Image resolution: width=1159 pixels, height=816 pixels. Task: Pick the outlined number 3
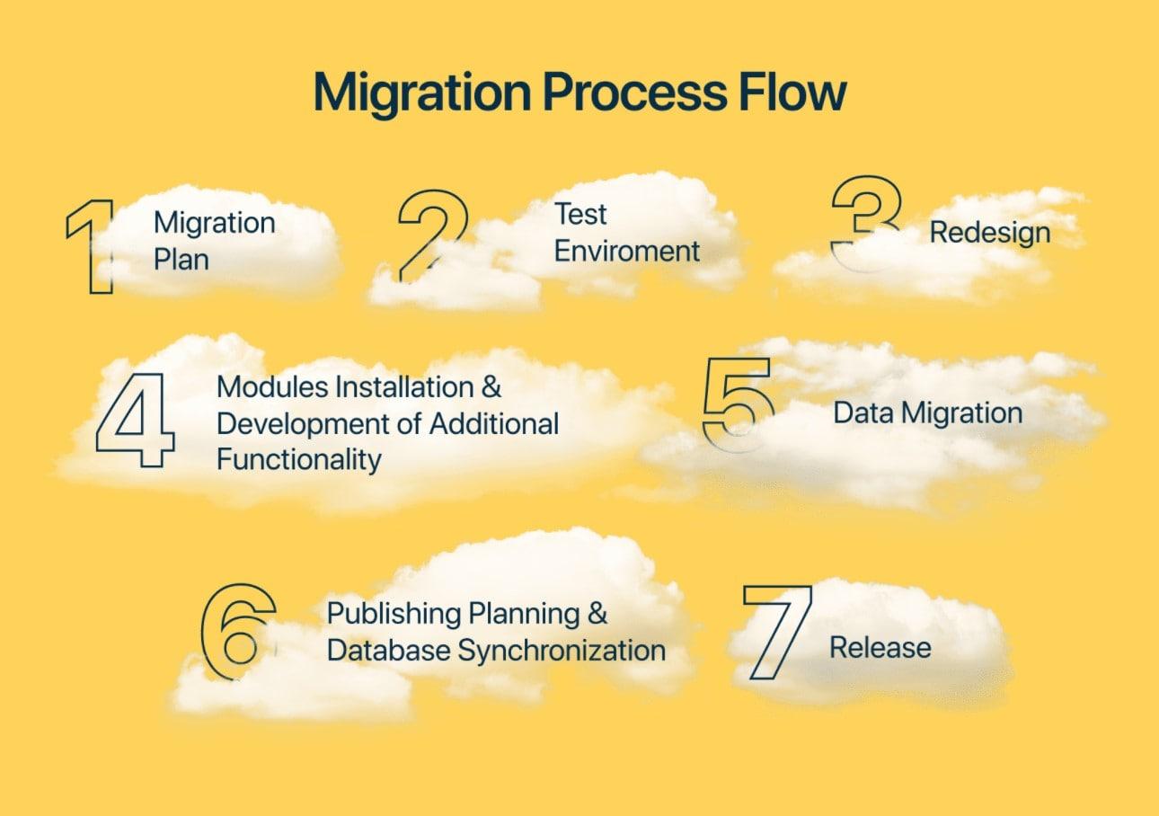[865, 221]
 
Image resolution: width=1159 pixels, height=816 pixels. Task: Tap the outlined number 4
[137, 420]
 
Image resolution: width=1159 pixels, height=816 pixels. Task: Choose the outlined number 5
[737, 403]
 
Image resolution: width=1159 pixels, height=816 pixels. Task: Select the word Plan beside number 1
[181, 260]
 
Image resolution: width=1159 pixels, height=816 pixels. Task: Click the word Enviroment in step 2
[626, 251]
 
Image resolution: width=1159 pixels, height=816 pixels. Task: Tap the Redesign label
[989, 233]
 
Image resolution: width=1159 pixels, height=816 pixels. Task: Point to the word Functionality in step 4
[299, 460]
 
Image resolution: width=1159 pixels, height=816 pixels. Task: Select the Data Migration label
[927, 413]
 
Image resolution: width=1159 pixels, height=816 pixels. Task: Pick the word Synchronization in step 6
[562, 650]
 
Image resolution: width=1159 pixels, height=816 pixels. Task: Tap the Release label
[880, 647]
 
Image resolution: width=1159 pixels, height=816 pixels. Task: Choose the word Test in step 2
[580, 215]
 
